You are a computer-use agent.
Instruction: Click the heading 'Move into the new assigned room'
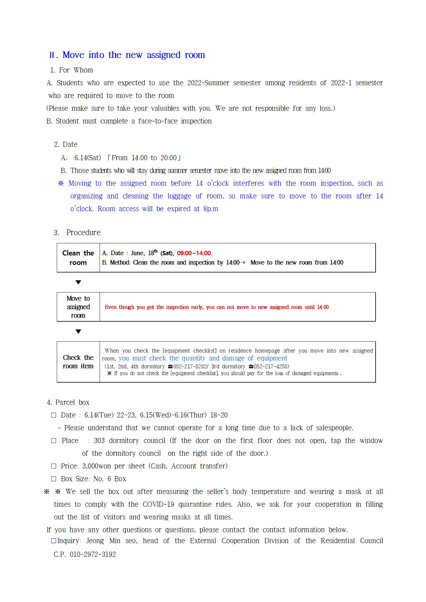click(x=134, y=55)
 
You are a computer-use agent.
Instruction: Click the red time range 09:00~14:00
click(x=194, y=253)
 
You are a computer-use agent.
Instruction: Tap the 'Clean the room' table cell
click(x=78, y=258)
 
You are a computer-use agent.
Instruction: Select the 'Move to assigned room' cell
click(x=78, y=307)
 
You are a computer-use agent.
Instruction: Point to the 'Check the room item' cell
click(x=78, y=362)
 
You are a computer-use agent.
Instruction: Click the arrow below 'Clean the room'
click(x=78, y=282)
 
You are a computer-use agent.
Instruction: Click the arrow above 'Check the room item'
click(x=78, y=331)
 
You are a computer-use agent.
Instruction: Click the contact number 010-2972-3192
click(x=93, y=554)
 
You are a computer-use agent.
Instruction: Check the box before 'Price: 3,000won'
click(x=54, y=466)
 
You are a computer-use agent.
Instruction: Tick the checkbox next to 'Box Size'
click(x=54, y=479)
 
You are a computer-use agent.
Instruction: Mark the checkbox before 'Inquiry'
click(x=54, y=541)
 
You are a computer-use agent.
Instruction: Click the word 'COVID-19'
click(x=158, y=504)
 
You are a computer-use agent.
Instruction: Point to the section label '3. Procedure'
click(x=77, y=232)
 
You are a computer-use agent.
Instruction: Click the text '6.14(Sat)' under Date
click(x=87, y=158)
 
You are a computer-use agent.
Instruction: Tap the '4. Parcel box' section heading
click(x=68, y=402)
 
